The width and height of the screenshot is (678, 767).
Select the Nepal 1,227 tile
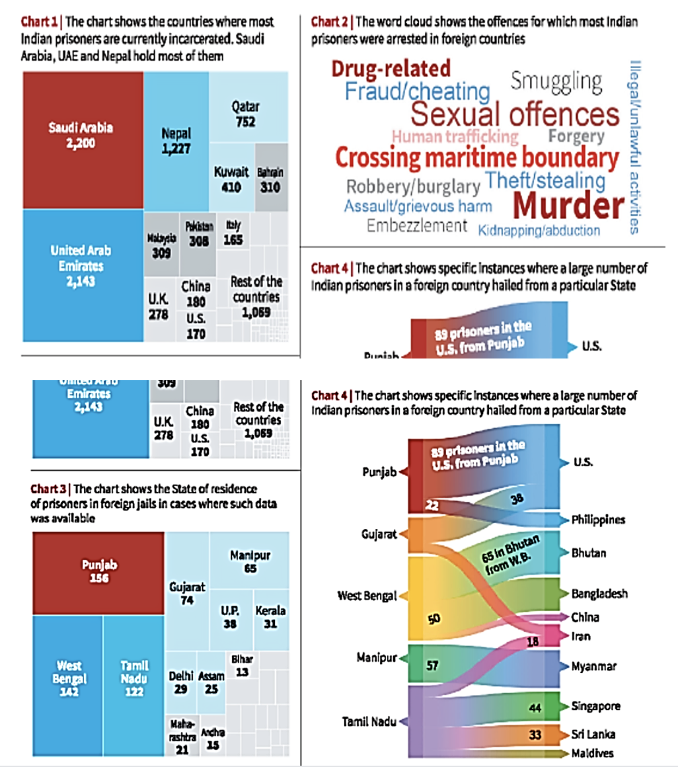point(176,141)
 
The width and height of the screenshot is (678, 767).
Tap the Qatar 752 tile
point(245,113)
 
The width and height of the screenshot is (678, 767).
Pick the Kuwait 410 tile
point(231,180)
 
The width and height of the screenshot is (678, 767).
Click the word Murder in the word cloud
point(568,206)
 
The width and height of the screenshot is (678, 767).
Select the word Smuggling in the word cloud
point(556,82)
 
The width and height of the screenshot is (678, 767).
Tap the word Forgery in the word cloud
point(576,137)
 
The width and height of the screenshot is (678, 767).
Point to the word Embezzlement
point(417,226)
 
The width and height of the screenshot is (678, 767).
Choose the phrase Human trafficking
point(455,137)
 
